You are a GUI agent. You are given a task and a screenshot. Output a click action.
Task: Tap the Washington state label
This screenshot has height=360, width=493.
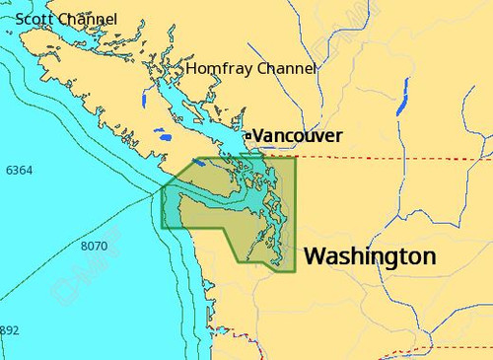[369, 256]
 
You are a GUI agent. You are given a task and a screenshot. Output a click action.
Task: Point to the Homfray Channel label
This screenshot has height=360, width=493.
[251, 69]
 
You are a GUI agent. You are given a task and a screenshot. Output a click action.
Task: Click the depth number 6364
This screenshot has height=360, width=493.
[19, 171]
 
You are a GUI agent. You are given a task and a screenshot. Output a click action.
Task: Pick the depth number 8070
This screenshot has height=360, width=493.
[94, 246]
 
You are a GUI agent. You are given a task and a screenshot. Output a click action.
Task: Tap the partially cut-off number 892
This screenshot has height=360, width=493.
[9, 330]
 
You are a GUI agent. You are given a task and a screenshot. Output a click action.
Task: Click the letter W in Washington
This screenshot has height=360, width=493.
[316, 256]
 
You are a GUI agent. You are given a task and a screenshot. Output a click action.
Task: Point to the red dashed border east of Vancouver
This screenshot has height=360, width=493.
[394, 157]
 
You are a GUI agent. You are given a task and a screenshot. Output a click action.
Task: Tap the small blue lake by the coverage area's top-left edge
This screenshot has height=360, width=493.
[199, 162]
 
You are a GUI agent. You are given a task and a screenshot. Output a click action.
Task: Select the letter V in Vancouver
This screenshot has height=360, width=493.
[259, 135]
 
